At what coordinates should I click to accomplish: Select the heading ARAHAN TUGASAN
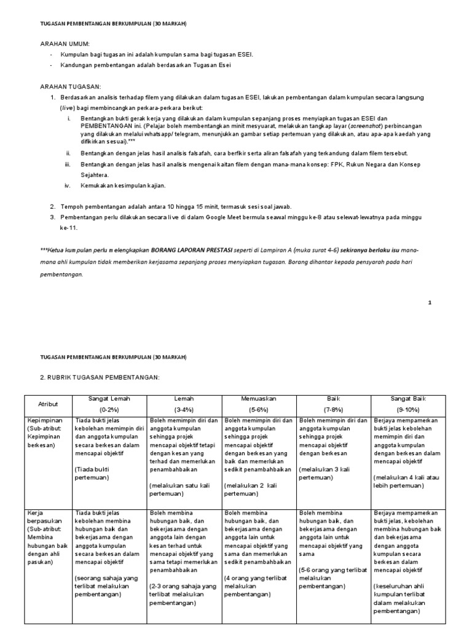[70, 87]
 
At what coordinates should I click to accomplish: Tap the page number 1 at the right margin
[430, 302]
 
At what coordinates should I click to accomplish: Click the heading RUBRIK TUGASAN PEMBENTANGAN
[100, 376]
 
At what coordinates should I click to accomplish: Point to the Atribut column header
[47, 404]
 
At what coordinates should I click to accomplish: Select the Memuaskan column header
[259, 399]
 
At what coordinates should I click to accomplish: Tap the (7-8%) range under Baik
[333, 409]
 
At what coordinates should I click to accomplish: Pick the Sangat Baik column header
[408, 399]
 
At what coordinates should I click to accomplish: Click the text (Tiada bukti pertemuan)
[93, 472]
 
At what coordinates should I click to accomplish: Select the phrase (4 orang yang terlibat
[256, 578]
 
